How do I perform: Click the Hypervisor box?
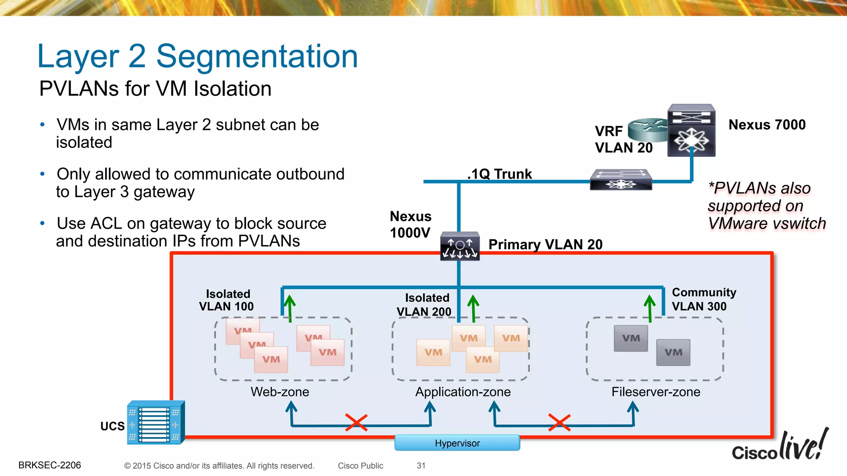pyautogui.click(x=457, y=443)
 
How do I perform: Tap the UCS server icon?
pyautogui.click(x=156, y=423)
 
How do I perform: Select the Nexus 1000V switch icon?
pyautogui.click(x=459, y=247)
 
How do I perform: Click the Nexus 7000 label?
pyautogui.click(x=767, y=125)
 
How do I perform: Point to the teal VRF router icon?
pyautogui.click(x=647, y=129)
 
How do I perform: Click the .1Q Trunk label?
pyautogui.click(x=500, y=174)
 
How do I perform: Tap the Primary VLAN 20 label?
pyautogui.click(x=545, y=245)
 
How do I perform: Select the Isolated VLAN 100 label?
pyautogui.click(x=227, y=300)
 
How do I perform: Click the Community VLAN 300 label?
pyautogui.click(x=703, y=299)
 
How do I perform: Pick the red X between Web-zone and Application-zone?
pyautogui.click(x=356, y=422)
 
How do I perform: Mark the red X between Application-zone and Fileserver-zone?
pyautogui.click(x=559, y=422)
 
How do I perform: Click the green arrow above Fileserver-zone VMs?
pyautogui.click(x=650, y=308)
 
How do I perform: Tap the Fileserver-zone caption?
pyautogui.click(x=656, y=392)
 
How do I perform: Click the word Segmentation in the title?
pyautogui.click(x=257, y=57)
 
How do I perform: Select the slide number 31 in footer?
pyautogui.click(x=421, y=466)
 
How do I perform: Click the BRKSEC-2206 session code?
pyautogui.click(x=50, y=465)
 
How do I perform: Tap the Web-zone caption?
pyautogui.click(x=280, y=392)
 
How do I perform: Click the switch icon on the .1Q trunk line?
pyautogui.click(x=621, y=180)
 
